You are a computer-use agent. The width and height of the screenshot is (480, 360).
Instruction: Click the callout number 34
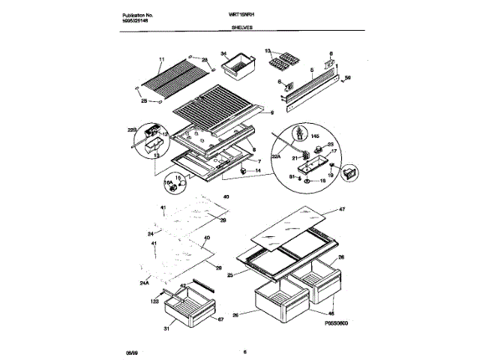[x=223, y=53]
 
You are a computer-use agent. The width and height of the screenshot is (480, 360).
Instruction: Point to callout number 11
[x=161, y=58]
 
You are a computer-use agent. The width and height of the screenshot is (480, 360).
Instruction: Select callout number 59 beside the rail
[x=347, y=77]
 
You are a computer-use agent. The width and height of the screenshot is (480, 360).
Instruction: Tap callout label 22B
[x=132, y=130]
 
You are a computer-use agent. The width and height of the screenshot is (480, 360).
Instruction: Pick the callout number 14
[x=259, y=171]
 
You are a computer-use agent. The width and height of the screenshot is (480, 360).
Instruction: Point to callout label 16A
[x=168, y=182]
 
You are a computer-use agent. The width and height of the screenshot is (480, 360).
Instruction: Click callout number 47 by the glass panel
[x=341, y=210]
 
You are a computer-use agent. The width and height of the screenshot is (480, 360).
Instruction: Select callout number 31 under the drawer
[x=166, y=328]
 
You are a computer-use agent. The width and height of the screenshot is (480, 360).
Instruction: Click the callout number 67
[x=220, y=320]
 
